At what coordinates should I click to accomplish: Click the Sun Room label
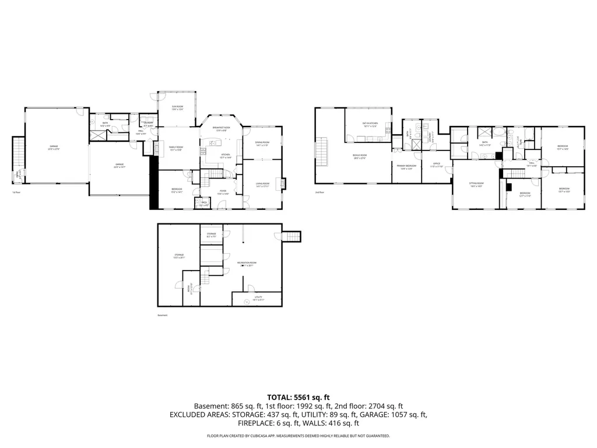(177, 107)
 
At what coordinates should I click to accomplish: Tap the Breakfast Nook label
(221, 128)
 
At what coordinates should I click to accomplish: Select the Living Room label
(262, 185)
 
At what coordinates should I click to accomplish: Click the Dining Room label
(262, 143)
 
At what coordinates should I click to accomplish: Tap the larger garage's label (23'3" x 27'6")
(54, 148)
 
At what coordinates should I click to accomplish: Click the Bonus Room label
(359, 156)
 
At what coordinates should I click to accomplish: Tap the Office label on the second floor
(437, 165)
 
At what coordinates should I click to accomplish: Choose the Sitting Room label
(477, 185)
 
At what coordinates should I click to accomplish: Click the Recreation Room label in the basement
(244, 264)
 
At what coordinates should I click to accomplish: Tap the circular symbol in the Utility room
(247, 302)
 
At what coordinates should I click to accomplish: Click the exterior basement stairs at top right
(292, 236)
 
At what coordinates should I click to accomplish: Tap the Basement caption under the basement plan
(163, 316)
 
